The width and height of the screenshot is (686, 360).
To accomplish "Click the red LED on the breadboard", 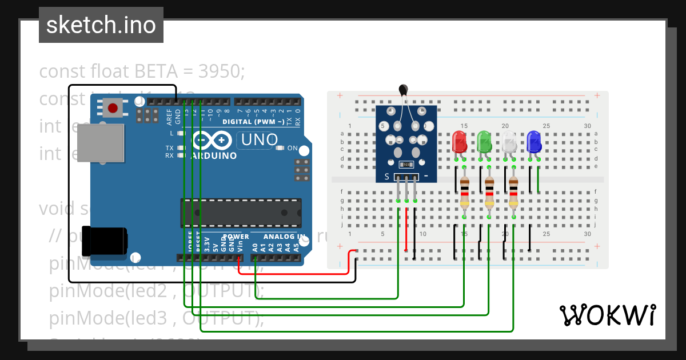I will [x=459, y=141].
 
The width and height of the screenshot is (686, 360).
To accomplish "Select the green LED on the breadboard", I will [x=484, y=141].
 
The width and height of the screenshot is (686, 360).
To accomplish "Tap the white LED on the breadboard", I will [x=509, y=141].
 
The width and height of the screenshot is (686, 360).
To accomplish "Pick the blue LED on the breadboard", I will [x=534, y=141].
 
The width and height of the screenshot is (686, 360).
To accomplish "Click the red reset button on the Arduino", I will [x=113, y=107].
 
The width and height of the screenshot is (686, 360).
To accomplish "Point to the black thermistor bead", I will [x=404, y=89].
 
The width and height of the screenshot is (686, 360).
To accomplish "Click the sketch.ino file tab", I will [x=101, y=25].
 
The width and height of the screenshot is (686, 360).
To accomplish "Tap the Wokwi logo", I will [x=607, y=315].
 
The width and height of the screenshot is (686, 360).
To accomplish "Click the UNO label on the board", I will [x=259, y=139].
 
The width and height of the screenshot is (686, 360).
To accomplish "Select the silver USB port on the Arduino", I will [x=100, y=143].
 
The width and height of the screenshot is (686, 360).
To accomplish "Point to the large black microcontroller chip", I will [x=241, y=212].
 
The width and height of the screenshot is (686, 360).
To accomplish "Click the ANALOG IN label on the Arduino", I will [x=284, y=237].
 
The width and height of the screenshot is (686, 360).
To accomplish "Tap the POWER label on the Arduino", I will [x=236, y=237].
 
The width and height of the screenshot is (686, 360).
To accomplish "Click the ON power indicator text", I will [x=292, y=148].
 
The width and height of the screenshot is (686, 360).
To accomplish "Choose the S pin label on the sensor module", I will [x=386, y=177].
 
